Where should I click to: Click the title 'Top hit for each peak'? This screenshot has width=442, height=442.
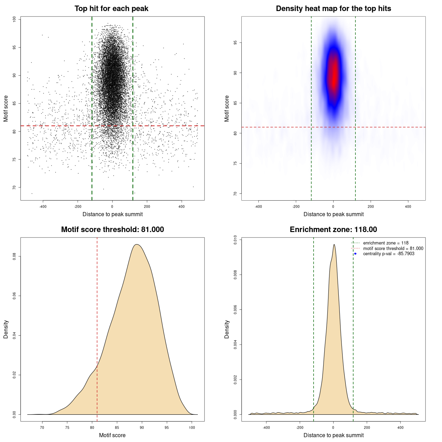pos(111,9)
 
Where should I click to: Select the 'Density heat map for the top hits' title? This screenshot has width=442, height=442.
pos(333,9)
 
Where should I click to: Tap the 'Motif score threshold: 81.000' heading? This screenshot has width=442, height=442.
pos(112,230)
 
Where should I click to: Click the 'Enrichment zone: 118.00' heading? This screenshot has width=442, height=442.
pos(333,230)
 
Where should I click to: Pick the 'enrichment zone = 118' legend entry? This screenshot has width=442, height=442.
pos(385,243)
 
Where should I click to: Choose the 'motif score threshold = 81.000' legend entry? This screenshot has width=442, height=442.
pos(393,248)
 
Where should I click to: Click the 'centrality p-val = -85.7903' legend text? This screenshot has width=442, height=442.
pos(388,254)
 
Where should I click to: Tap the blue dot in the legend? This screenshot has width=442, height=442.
pos(355,254)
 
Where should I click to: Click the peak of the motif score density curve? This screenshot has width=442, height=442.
pos(137,244)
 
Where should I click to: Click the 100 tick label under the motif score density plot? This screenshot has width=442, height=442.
pos(192,427)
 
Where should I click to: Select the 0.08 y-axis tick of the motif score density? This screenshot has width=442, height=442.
pos(14,256)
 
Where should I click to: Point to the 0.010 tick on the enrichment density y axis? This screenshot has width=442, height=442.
pos(235,240)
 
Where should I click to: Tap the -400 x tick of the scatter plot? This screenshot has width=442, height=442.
pos(43,206)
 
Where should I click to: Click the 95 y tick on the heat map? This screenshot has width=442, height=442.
pos(235,43)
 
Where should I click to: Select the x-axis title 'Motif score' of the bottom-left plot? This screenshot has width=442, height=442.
pos(112,435)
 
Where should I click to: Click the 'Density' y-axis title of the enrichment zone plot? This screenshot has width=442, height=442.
pos(227,329)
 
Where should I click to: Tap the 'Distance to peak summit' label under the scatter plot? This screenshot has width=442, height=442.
pos(113,214)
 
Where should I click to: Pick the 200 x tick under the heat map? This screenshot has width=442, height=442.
pos(371,206)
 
